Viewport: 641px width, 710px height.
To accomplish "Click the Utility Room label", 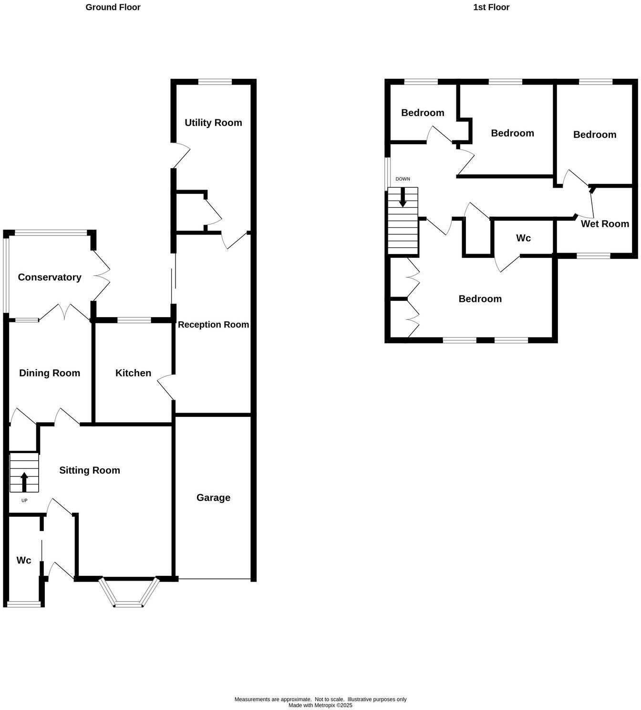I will click(x=213, y=123).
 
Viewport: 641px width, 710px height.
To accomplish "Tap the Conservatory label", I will click(x=50, y=277).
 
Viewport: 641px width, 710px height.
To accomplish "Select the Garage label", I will click(x=213, y=498).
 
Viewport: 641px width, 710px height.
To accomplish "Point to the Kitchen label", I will click(x=133, y=373).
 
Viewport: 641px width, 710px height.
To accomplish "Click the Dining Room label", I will click(x=50, y=373).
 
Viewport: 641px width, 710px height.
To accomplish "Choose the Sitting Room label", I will click(x=90, y=470).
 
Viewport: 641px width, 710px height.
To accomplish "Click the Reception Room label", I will click(x=213, y=325).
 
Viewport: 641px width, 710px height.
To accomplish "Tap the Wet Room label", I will click(x=605, y=223).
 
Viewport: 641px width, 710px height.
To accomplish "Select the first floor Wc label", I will click(x=523, y=238).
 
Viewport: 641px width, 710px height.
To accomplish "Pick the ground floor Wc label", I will click(x=24, y=560).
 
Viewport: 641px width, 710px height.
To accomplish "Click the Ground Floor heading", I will click(x=113, y=7).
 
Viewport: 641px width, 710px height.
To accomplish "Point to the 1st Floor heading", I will click(x=491, y=7).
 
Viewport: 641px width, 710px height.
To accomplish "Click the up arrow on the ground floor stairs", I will click(x=24, y=482).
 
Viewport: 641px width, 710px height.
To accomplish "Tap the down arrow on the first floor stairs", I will click(x=403, y=197).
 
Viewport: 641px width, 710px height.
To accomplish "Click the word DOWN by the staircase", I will click(x=403, y=179).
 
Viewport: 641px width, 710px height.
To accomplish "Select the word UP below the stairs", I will click(x=24, y=500).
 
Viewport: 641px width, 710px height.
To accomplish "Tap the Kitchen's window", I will click(x=134, y=320).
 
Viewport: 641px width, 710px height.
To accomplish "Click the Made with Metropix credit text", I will click(x=320, y=705).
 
